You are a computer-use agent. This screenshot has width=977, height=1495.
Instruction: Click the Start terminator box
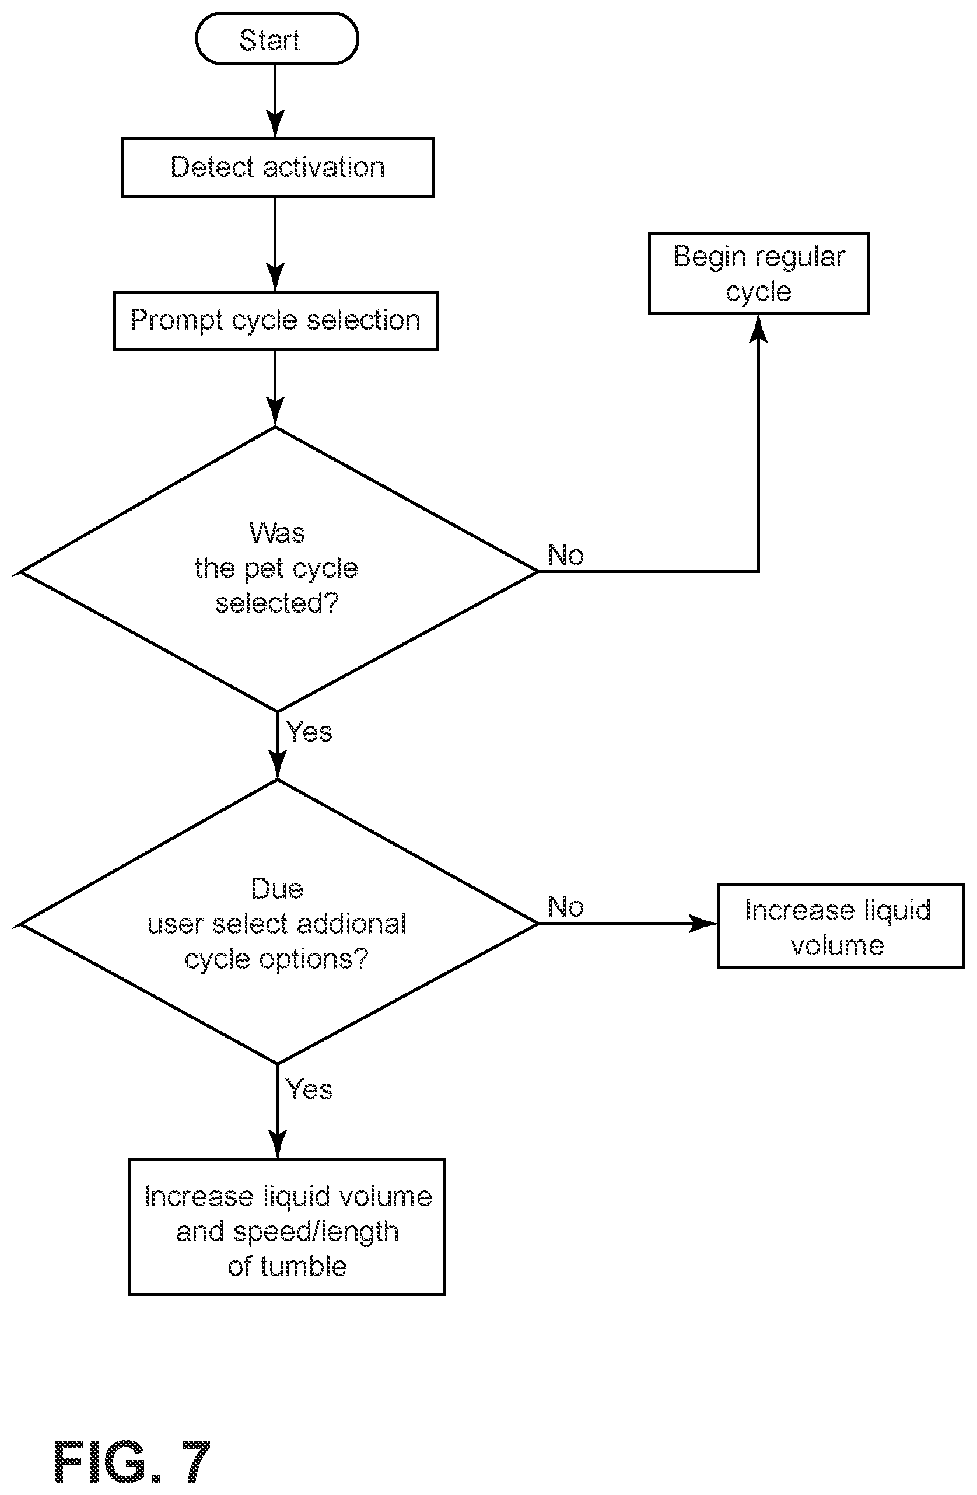pos(277,39)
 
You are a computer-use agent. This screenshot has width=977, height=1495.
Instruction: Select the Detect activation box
pos(278,167)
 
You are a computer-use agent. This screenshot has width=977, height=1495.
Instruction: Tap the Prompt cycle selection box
pos(276,321)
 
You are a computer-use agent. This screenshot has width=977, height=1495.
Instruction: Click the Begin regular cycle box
pos(758,273)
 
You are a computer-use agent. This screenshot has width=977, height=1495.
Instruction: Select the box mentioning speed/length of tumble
pos(286,1227)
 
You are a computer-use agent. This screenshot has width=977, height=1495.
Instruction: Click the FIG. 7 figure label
pos(132,1462)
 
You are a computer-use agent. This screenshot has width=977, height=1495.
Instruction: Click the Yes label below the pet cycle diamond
pos(309,732)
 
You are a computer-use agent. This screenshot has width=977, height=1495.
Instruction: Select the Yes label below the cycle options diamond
pos(309,1089)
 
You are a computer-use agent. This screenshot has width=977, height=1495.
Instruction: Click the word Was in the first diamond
pos(277,533)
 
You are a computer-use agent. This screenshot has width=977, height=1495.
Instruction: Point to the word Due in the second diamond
pos(277,889)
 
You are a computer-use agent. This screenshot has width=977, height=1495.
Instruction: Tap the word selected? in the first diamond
pos(277,603)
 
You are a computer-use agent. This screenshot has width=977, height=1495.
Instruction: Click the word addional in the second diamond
pos(351,924)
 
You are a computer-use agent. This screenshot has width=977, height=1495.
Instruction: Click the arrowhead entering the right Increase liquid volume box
pos(703,923)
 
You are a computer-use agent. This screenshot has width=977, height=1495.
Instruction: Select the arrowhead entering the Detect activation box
pos(275,124)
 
